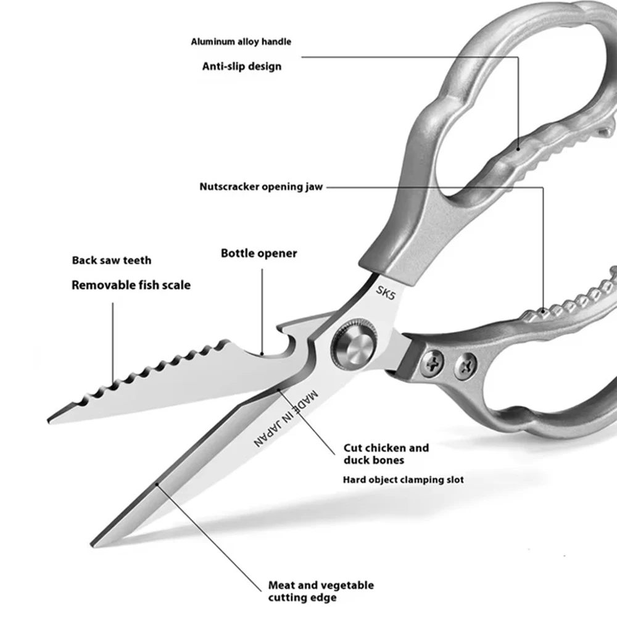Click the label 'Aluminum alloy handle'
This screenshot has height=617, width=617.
(241, 42)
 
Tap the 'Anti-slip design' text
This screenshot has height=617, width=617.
(242, 65)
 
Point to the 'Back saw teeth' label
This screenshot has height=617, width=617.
(112, 260)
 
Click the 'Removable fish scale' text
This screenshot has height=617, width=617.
(131, 285)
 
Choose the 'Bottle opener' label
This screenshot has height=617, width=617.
(259, 254)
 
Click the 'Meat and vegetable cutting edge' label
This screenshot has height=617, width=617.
(321, 591)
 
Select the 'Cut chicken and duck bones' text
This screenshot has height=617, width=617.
(386, 453)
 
